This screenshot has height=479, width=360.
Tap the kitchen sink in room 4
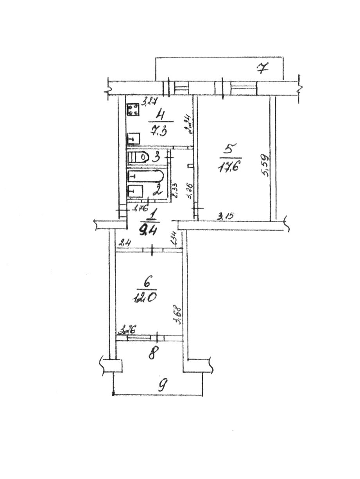134,138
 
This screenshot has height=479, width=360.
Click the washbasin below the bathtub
135,191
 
